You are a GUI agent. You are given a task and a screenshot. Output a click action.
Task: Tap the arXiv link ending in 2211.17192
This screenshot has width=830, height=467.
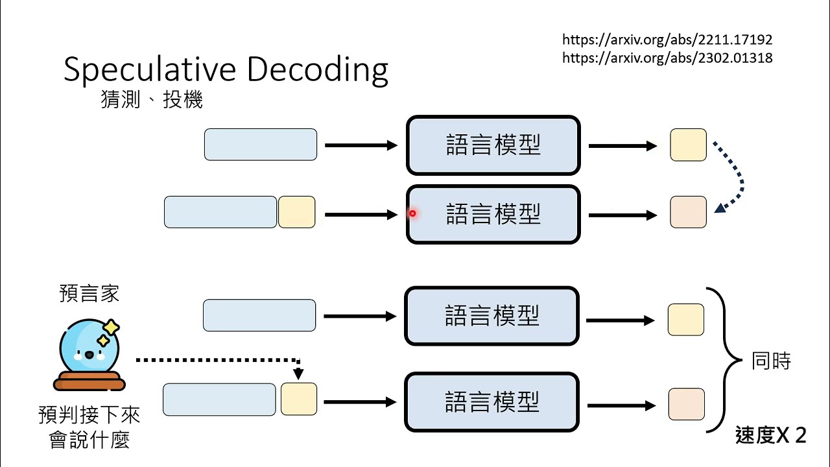tap(667, 40)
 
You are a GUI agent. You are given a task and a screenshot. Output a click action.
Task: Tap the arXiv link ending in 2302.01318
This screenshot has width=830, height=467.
tap(667, 58)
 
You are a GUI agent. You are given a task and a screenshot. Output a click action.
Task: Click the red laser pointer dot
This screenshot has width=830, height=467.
tap(412, 213)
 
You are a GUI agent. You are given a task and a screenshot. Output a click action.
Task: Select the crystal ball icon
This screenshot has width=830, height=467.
tap(89, 354)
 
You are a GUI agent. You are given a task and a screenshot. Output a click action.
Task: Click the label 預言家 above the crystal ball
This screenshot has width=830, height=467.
tap(89, 294)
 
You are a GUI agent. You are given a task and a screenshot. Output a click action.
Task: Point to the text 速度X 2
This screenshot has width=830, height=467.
tap(771, 435)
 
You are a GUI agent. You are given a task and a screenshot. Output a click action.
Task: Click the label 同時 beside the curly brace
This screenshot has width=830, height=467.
tap(771, 361)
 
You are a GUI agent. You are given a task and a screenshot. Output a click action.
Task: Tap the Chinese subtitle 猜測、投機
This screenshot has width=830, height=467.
tap(152, 99)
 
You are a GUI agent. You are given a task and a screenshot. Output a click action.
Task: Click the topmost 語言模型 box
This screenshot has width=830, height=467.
tap(493, 145)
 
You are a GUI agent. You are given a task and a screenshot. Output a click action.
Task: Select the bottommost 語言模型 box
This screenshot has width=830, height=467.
tap(492, 402)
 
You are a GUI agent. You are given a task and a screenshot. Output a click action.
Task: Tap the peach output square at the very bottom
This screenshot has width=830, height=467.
tap(687, 404)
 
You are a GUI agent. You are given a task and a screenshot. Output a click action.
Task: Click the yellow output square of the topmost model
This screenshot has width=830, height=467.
tap(688, 145)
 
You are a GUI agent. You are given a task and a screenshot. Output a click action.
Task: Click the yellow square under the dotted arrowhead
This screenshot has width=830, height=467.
tap(299, 399)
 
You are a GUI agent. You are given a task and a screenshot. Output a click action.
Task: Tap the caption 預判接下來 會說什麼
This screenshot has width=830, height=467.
tap(89, 427)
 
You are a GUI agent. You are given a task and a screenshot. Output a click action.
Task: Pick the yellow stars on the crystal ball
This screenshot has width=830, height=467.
tap(108, 333)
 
